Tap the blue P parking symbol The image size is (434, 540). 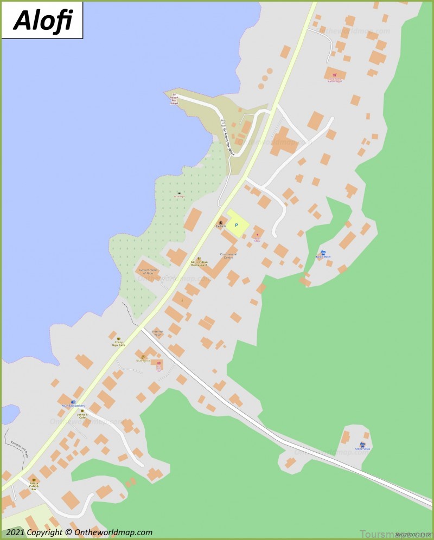[236, 224]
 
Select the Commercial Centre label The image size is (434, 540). [228, 256]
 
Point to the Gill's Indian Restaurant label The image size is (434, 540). [199, 263]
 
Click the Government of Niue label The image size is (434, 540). [148, 271]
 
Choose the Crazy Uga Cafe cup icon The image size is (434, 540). [119, 338]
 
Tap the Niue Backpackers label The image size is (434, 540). [73, 405]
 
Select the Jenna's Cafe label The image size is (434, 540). [82, 416]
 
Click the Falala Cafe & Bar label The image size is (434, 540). [34, 486]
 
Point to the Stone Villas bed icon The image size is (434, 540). [362, 444]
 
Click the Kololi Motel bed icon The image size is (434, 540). [323, 253]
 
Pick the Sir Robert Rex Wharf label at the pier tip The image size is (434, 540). [174, 99]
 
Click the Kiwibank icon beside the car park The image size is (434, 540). [221, 223]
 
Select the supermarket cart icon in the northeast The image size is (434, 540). [335, 75]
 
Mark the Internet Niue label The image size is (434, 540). [157, 333]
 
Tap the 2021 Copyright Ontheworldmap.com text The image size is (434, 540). [79, 532]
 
